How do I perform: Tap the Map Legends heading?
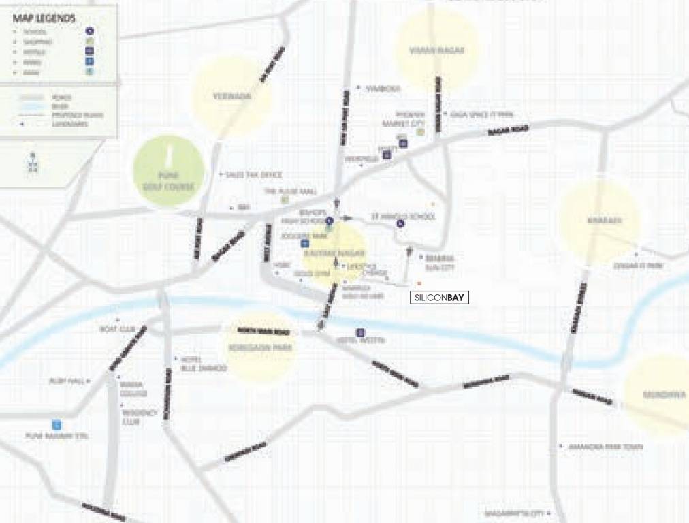(44, 18)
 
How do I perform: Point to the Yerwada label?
(231, 96)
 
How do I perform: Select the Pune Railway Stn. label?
(57, 436)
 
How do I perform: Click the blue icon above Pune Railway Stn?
(57, 424)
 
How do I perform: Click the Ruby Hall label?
(66, 381)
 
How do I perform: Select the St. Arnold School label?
(403, 217)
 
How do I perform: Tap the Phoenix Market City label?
(411, 118)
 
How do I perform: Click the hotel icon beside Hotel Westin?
(361, 332)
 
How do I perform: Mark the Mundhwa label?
(663, 394)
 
